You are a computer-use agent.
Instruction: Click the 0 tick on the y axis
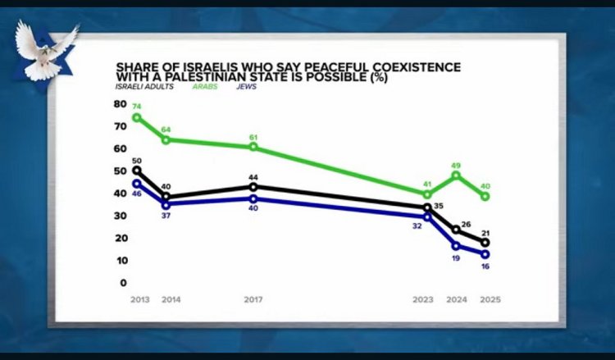(x=123, y=283)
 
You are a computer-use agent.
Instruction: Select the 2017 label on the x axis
(x=253, y=300)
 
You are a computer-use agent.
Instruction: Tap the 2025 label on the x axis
(x=490, y=300)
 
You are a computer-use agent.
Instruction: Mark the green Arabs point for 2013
(x=136, y=117)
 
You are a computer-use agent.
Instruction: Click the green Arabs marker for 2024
(x=457, y=175)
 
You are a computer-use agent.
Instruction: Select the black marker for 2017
(x=253, y=187)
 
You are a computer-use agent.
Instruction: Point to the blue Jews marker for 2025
(x=485, y=254)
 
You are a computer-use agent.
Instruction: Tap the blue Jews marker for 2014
(x=166, y=205)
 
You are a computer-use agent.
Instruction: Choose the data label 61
(x=254, y=136)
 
